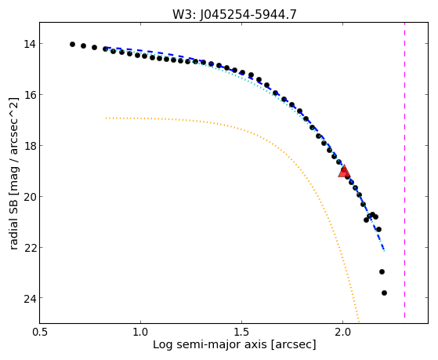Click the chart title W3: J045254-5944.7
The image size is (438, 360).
[234, 15]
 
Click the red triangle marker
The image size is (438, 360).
[344, 171]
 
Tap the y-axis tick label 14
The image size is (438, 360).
[30, 44]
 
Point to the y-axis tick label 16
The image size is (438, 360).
[30, 95]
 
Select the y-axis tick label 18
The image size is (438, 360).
[30, 146]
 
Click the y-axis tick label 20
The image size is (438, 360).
[30, 197]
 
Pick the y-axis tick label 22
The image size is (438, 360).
[30, 248]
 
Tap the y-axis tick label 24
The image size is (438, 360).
[30, 298]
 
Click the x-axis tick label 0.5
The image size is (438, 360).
[40, 333]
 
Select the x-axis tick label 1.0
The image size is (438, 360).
[140, 333]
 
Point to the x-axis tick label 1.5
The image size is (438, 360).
[241, 333]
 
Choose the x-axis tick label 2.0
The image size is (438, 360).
[342, 333]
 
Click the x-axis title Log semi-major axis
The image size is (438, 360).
[210, 345]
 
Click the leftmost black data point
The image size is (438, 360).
[72, 44]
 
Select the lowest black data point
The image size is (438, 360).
[384, 293]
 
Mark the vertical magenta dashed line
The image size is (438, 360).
[404, 170]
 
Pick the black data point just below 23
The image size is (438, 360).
[382, 271]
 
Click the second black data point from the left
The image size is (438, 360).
[83, 45]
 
